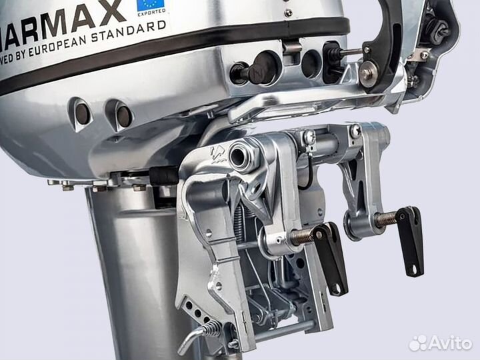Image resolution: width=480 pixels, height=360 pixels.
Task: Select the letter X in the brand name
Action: [111, 11]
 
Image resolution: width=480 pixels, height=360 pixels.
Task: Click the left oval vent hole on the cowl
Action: [82, 113]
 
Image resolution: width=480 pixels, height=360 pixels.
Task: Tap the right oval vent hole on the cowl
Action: [123, 116]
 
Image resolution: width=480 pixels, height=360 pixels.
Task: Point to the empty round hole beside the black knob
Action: [310, 64]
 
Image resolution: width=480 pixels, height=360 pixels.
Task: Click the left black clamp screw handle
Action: [331, 257]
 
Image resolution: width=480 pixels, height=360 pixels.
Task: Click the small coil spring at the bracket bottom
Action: [210, 327]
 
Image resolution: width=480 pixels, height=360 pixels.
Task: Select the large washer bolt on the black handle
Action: [368, 74]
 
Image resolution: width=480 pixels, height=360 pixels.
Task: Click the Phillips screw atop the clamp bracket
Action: [309, 137]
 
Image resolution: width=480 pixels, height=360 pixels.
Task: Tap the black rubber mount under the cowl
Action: [164, 175]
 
